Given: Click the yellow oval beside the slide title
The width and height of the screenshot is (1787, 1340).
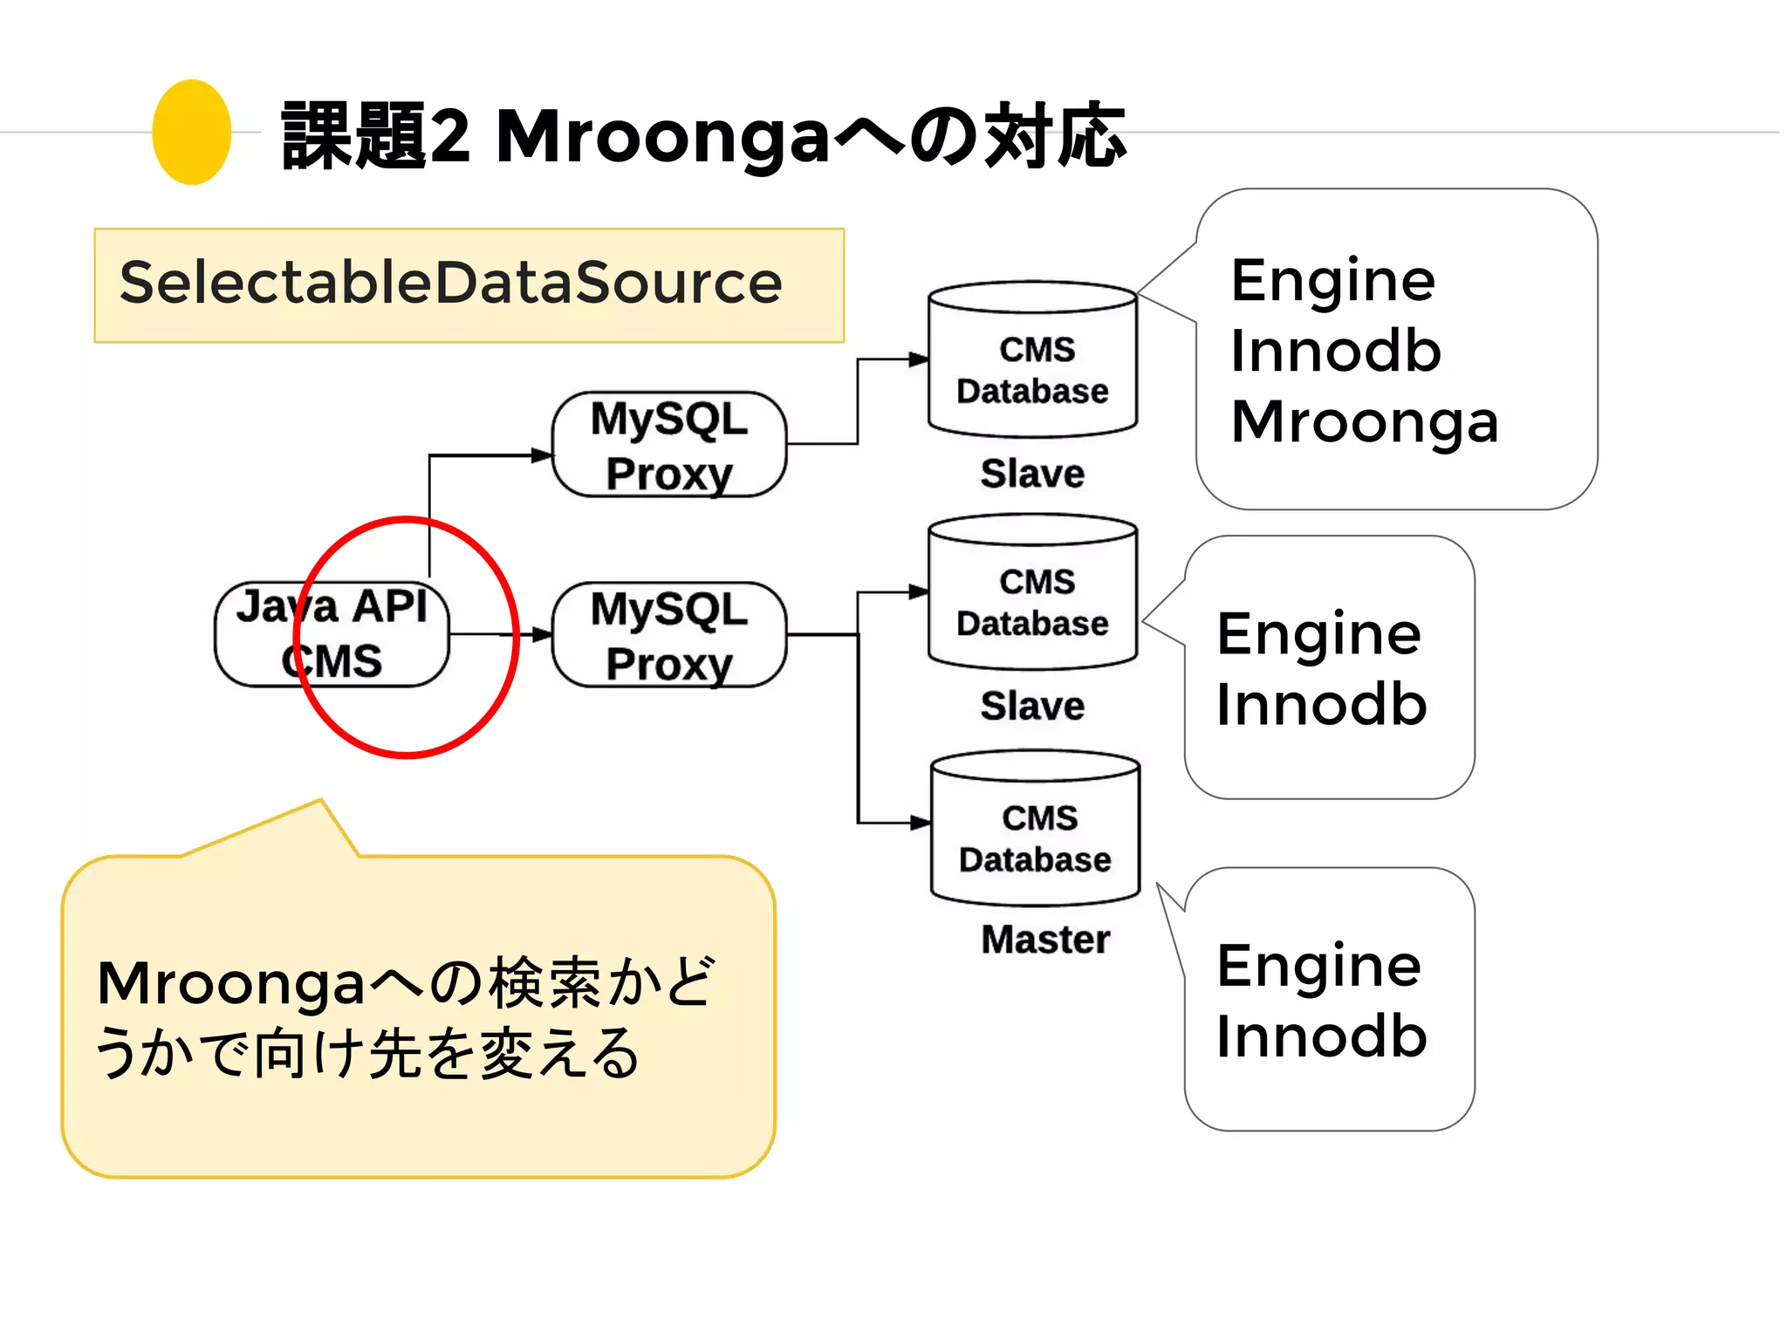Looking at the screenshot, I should click(x=191, y=132).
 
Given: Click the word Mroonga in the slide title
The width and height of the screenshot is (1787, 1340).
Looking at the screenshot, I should click(x=663, y=137).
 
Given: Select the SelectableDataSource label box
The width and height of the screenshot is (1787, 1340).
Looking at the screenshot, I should click(x=469, y=285).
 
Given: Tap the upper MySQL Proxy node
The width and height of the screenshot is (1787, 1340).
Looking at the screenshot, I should click(x=669, y=445).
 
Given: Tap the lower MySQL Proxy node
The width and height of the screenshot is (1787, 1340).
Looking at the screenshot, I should click(x=669, y=635).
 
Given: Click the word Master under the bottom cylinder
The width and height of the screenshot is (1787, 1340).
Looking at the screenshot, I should click(x=1045, y=940).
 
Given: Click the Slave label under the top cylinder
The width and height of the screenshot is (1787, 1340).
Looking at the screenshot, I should click(x=1032, y=474).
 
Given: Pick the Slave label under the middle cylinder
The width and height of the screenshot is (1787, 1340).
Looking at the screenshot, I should click(x=1032, y=706).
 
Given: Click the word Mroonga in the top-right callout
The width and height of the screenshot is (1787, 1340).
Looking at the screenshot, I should click(x=1364, y=422).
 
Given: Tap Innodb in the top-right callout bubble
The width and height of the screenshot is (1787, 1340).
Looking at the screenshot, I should click(x=1335, y=352).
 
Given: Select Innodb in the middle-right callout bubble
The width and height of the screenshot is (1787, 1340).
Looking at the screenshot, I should click(x=1321, y=705).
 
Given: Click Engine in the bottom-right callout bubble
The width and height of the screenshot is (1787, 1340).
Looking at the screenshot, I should click(x=1318, y=967).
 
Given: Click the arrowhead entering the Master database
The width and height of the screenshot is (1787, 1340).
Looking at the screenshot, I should click(x=920, y=822).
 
